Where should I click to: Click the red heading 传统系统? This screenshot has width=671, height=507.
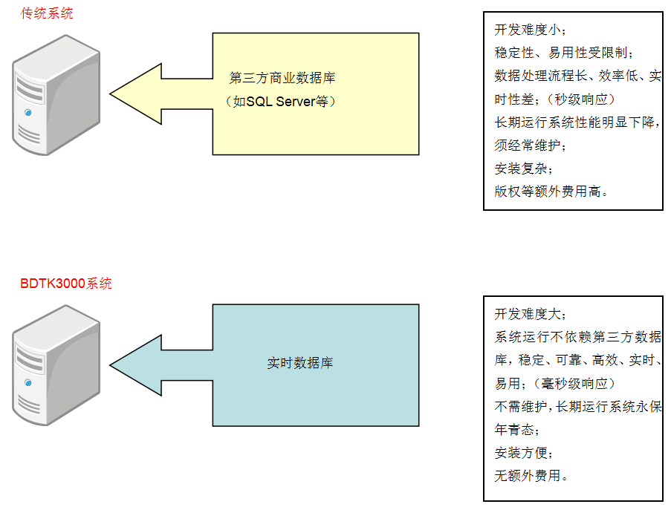pos(47,13)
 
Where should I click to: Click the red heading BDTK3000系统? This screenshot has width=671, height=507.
pos(66,283)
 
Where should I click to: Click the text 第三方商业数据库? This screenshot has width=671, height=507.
pos(282,78)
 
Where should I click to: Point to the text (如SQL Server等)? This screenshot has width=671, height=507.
pos(282,102)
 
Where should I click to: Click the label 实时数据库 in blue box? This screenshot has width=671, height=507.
pos(299,363)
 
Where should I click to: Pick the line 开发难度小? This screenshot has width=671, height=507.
pos(530,30)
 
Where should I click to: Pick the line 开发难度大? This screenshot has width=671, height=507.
pos(530,314)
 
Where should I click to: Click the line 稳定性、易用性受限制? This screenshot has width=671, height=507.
pos(565,53)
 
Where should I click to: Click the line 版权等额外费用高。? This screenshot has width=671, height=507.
pos(552,191)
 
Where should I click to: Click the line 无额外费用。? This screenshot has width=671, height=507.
pos(531,476)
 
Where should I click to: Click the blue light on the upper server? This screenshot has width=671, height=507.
pos(27,113)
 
